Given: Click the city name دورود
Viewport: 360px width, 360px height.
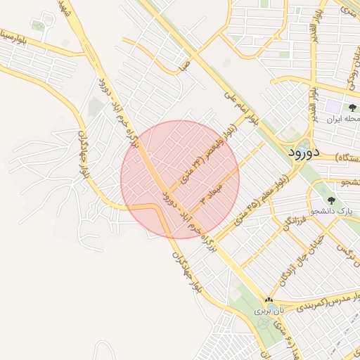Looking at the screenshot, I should coord(304,151).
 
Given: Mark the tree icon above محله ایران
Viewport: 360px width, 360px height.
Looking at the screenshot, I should coord(352,108).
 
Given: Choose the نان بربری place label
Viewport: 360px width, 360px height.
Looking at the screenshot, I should coord(271,309).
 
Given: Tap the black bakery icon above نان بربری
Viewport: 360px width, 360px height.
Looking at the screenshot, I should coord(268,300).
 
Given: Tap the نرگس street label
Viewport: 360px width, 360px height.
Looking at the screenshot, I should coord(344,250).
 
